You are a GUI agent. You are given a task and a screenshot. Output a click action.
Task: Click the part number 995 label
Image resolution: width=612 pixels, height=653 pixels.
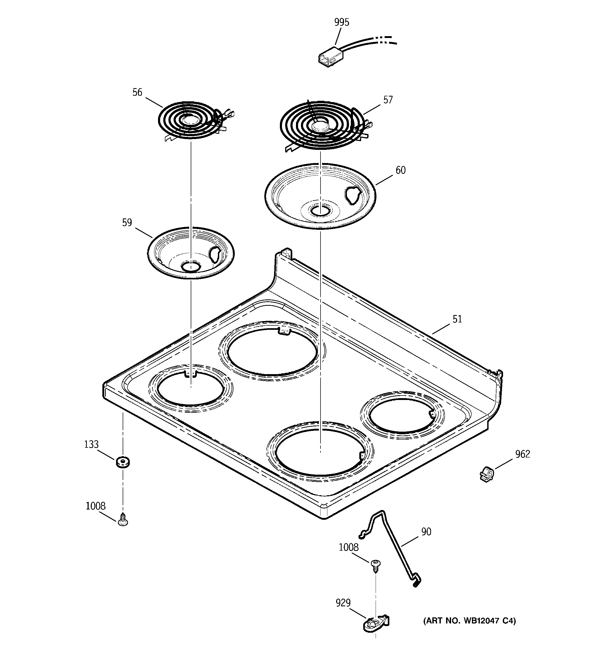pos(342,22)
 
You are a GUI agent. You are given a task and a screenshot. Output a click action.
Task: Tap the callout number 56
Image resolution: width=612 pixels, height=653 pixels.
pos(137,93)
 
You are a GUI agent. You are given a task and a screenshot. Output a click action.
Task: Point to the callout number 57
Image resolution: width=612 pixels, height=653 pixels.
pos(388,100)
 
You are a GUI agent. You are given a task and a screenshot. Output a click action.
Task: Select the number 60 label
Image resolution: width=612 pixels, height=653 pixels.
pos(400,170)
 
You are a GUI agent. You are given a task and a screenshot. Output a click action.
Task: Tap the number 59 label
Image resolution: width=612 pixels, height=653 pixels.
pos(127,223)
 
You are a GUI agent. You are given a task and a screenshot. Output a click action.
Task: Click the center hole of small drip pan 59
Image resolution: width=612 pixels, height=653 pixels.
pos(190,266)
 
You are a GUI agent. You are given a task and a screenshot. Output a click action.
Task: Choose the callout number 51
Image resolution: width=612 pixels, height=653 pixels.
pos(457,319)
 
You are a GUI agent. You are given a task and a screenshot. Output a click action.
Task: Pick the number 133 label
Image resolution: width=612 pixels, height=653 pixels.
pos(91,444)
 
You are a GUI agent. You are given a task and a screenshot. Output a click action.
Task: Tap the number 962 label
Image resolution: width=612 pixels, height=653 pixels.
pos(522,454)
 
